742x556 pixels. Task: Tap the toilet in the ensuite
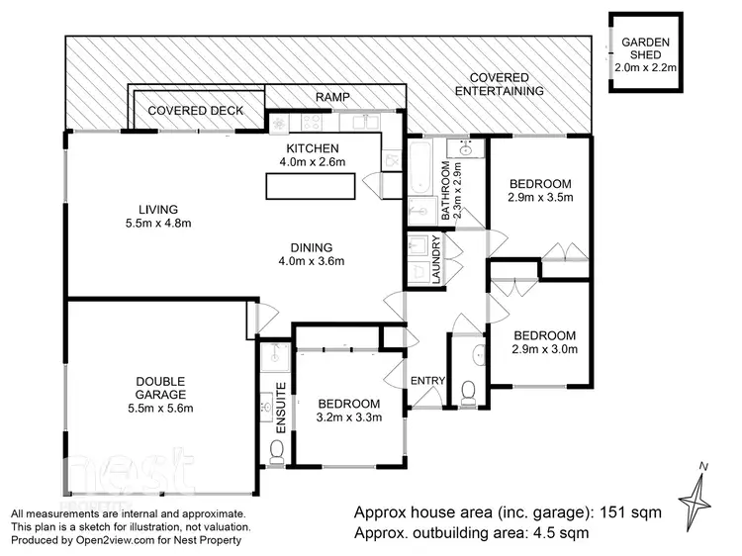pos(276,451)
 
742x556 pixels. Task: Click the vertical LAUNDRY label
pos(436,261)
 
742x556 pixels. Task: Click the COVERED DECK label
pos(195,111)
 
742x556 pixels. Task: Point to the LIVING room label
pos(157,209)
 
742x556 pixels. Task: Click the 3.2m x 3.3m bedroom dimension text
pos(348,417)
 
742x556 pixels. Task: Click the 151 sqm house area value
pos(632,513)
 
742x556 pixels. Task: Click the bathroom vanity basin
pos(463,149)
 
